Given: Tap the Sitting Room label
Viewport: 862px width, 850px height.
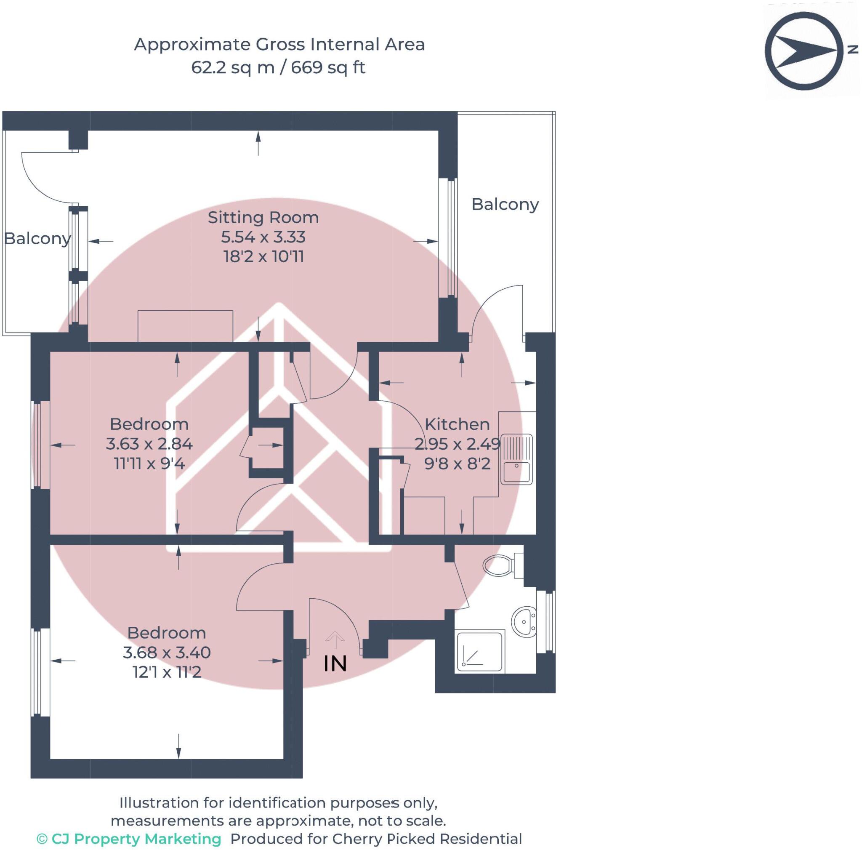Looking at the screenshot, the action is tap(263, 217).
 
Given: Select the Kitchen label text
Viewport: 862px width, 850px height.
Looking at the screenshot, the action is tap(457, 424).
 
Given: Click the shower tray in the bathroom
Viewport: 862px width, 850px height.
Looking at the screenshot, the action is tap(479, 651).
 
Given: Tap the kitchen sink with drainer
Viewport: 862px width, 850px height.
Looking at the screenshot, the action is tap(517, 459).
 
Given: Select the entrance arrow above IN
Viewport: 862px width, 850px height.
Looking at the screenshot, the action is tap(335, 640).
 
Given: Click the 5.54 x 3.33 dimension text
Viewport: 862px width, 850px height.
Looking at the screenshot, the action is tap(263, 237).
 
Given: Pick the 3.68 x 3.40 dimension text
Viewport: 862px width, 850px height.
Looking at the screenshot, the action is tap(166, 652).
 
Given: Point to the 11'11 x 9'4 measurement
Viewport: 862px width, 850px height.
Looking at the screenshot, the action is tap(149, 463).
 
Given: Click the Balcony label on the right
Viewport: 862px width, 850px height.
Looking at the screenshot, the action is tap(505, 204).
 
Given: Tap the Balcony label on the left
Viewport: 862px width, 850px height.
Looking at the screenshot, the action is tap(37, 238).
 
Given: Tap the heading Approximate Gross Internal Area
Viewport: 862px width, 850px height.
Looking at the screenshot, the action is tap(279, 44).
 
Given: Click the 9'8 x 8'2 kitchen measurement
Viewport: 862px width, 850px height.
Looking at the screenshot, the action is tap(458, 463).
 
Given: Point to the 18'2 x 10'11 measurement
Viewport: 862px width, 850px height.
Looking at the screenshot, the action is tap(263, 256).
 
